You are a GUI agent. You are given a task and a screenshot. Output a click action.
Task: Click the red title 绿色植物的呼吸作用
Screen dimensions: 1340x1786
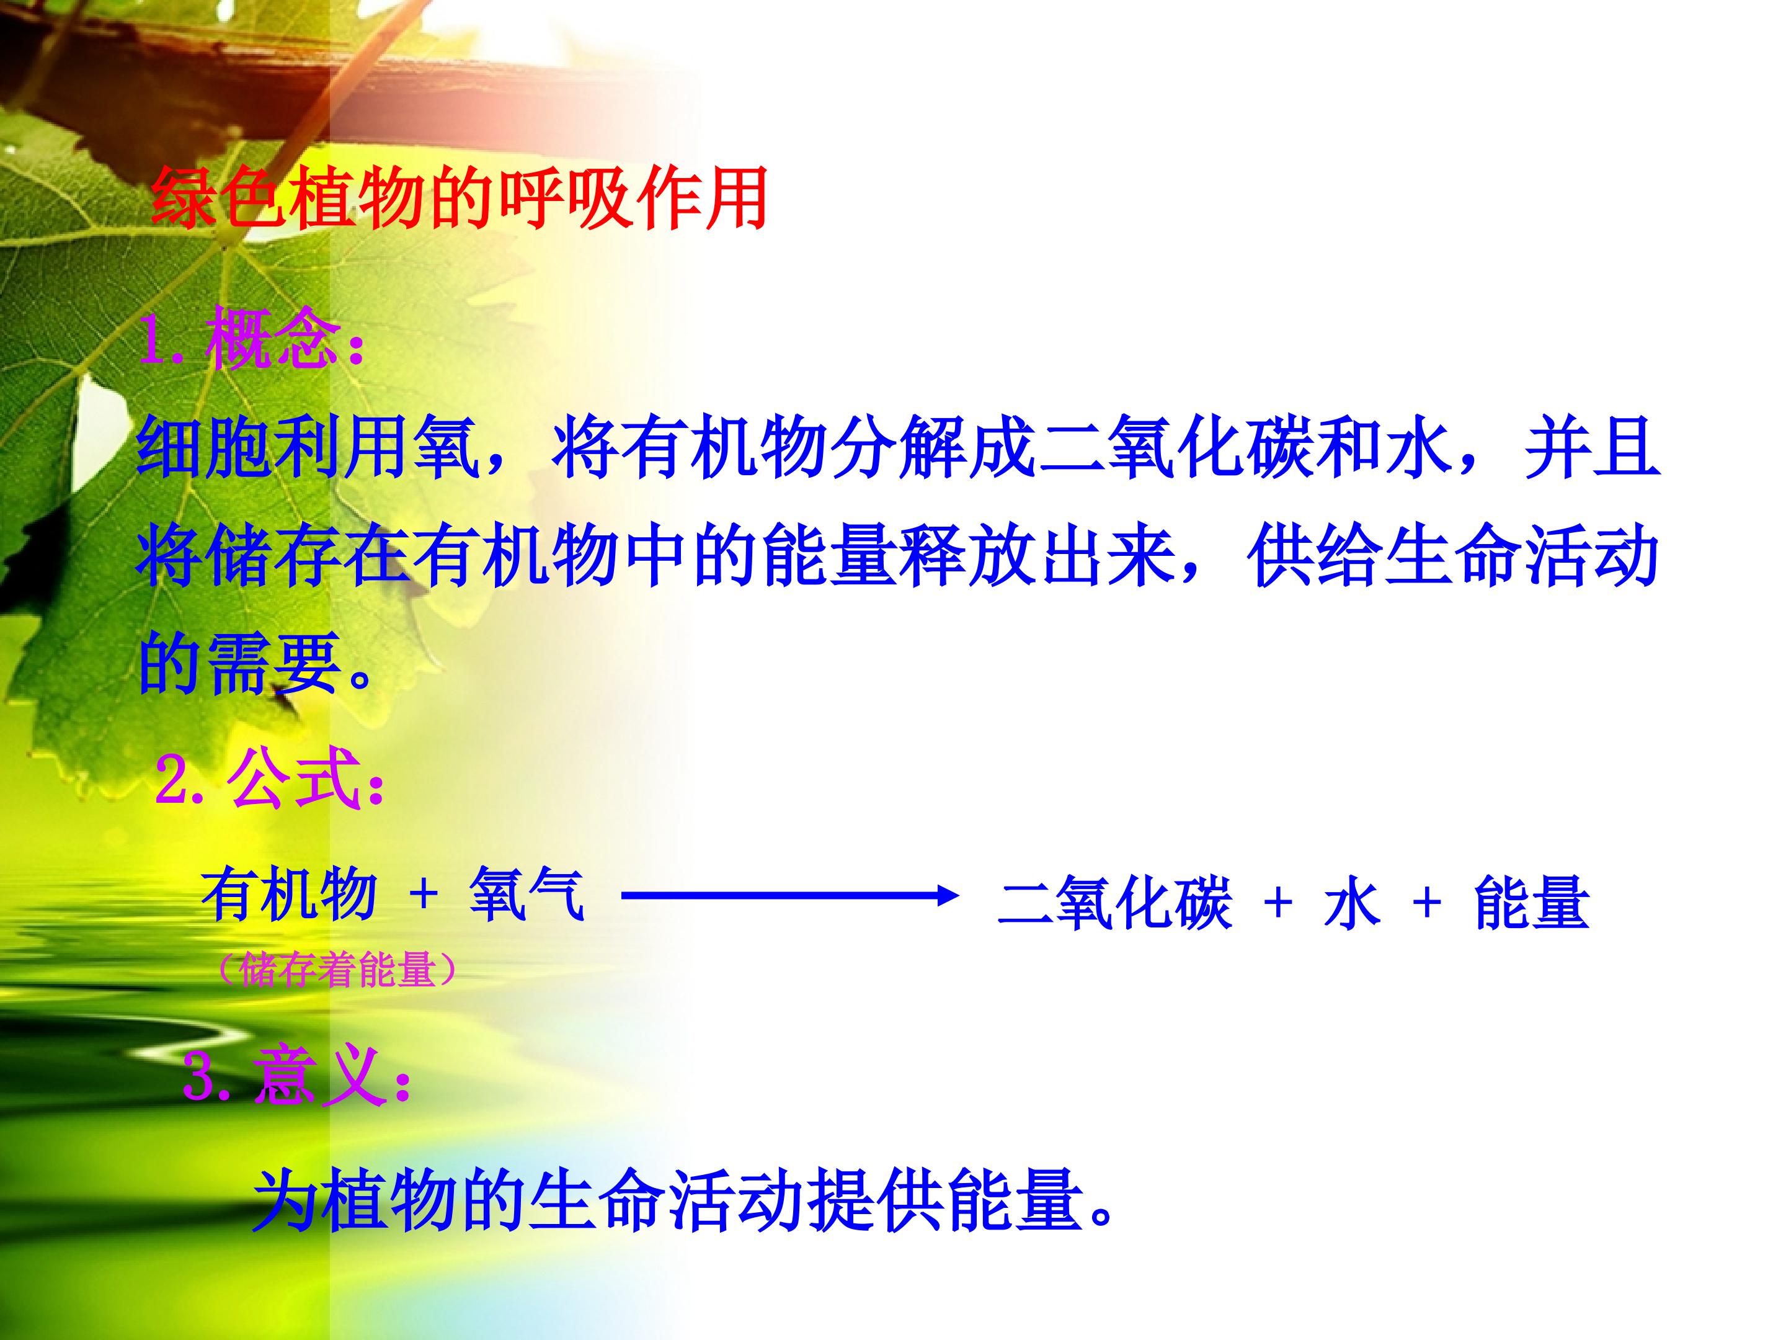click(x=459, y=199)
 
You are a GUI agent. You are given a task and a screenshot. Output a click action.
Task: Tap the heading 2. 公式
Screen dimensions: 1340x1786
click(x=270, y=779)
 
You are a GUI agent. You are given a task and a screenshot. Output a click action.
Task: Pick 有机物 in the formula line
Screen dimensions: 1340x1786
click(x=289, y=895)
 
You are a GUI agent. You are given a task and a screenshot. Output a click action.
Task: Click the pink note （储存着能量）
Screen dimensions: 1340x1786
click(x=337, y=969)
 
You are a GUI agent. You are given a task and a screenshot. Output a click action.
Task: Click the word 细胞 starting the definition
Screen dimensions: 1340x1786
click(x=205, y=447)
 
